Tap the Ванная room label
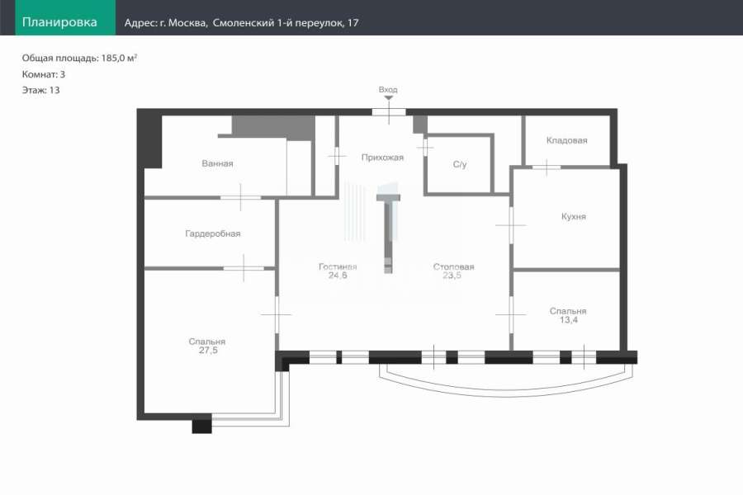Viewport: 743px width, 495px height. coord(217,163)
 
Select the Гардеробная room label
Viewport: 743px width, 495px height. coord(213,233)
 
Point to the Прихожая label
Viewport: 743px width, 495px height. coord(382,158)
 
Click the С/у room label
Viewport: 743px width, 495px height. coord(460,164)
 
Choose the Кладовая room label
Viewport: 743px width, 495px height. coord(566,140)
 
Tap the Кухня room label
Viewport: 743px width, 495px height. coord(574,216)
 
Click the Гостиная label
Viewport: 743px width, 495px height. coord(338,266)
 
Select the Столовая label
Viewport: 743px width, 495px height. coord(453,266)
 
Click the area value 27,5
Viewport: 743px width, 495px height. coord(209,351)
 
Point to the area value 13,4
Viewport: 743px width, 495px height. coord(569,320)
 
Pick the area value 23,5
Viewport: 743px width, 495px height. coord(452,276)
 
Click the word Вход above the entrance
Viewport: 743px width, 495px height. coord(388,90)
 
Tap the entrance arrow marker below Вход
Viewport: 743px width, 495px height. coord(389,98)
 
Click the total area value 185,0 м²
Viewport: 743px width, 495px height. coord(120,58)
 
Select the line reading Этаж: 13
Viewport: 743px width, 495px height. coord(40,90)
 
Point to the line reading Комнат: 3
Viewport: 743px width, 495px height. coord(44,74)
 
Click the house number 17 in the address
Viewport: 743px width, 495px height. coord(353,23)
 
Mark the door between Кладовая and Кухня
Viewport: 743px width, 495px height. coord(547,167)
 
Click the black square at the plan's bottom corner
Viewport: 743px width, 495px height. coord(202,424)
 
